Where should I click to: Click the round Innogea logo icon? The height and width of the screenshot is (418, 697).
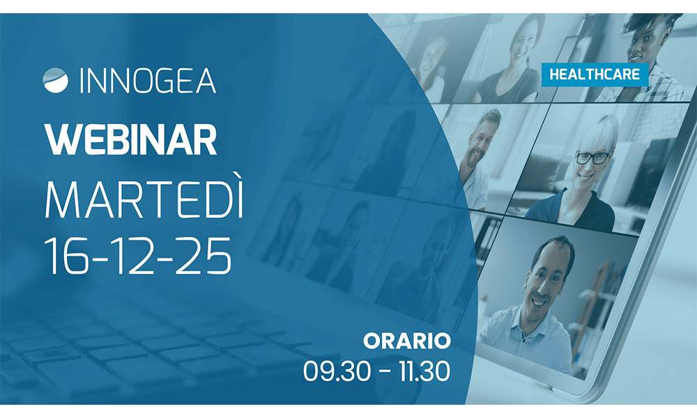[56, 80]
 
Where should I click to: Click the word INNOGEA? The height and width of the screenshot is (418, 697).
[148, 81]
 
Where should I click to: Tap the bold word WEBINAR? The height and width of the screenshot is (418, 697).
[131, 140]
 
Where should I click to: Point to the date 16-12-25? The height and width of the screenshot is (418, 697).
[138, 256]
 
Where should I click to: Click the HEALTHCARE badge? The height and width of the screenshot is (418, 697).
[595, 75]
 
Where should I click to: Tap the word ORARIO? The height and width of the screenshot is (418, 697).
[407, 341]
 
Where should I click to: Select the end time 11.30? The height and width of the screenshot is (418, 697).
[424, 371]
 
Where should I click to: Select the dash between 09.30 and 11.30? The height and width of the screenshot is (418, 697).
[385, 372]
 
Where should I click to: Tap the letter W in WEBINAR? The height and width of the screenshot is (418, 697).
[61, 140]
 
